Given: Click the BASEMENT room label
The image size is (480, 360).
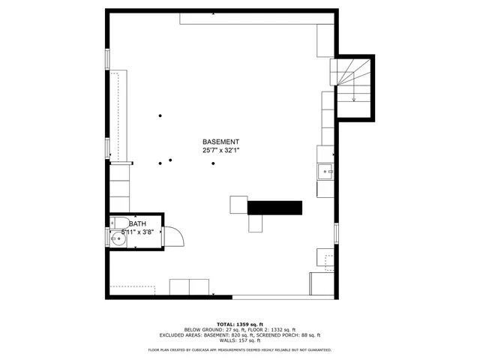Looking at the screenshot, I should (220, 142).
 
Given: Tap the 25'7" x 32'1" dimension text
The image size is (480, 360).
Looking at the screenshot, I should (220, 151).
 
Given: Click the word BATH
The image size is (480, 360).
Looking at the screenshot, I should (137, 224).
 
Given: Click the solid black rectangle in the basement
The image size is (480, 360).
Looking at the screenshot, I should (274, 208).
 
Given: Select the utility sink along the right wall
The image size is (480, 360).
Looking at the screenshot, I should (326, 172).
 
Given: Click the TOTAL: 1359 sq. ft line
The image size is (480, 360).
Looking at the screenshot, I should (240, 324).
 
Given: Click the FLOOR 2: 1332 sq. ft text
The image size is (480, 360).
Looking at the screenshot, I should (267, 330).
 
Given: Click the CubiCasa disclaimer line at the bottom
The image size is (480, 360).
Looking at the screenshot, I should (240, 349).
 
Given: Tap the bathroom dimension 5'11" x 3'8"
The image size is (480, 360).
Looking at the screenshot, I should (138, 232).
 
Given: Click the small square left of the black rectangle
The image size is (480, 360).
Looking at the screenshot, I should (238, 205).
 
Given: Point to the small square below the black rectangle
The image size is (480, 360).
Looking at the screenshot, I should (256, 223).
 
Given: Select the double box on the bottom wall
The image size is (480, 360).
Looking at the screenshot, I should (190, 287).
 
